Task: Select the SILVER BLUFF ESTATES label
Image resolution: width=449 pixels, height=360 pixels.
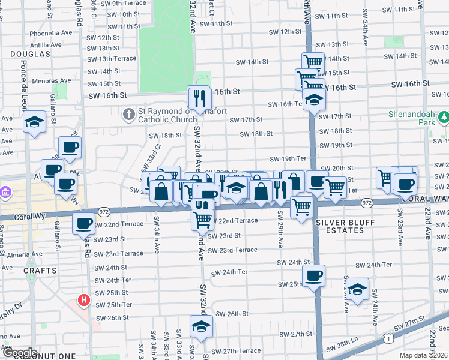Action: pos(345,227)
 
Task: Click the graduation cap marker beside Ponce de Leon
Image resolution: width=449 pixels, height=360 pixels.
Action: pos(35,122)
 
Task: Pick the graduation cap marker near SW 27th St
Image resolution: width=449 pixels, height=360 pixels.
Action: pos(201,326)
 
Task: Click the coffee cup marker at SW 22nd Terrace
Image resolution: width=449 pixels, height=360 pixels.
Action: pos(83,224)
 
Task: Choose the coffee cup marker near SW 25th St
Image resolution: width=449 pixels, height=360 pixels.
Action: pos(313,275)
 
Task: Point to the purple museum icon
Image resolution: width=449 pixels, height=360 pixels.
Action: pos(6,193)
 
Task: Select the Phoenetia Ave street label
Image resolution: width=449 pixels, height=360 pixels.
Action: pos(41,34)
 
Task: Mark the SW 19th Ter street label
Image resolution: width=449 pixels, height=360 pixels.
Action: pos(288,159)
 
